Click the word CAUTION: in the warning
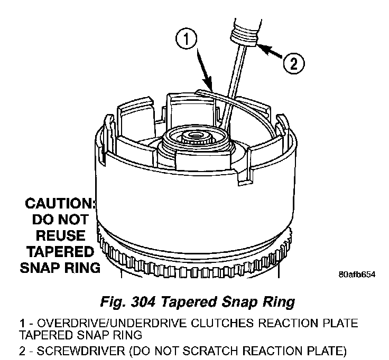tap(59, 203)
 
